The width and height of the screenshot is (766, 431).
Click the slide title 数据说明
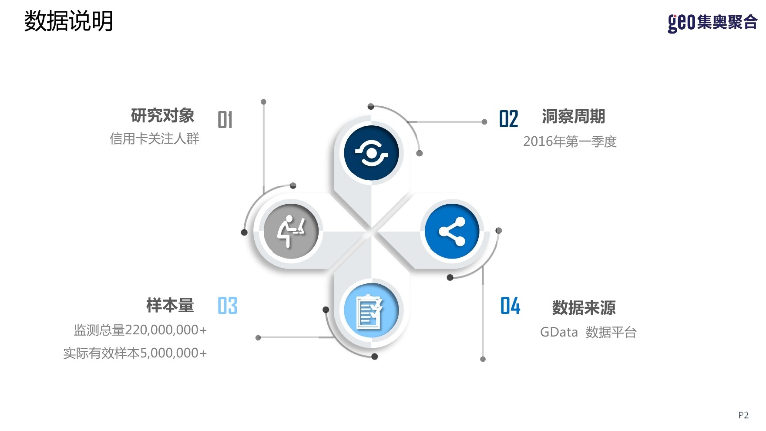point(68,21)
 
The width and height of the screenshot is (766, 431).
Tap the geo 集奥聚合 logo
point(712,22)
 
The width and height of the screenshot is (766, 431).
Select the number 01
point(225,120)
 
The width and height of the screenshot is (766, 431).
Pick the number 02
point(508,119)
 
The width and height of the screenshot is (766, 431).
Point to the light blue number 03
point(227,306)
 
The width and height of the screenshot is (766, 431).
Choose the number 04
point(510,306)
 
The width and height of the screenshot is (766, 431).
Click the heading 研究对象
point(163,116)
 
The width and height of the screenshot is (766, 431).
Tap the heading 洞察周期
point(573,117)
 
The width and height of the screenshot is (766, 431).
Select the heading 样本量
point(170,306)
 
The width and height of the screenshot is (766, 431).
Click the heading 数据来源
point(584,308)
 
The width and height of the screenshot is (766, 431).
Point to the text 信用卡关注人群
point(155,139)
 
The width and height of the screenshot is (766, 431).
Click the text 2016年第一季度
point(570,141)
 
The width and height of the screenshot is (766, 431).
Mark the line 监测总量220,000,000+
point(140,330)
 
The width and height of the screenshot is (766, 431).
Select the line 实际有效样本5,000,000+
point(135,353)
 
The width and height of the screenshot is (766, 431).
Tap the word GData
point(559,333)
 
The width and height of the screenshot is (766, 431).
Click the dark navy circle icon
point(371,153)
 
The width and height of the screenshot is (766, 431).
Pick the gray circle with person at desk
point(291,231)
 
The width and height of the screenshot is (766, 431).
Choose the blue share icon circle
point(452,231)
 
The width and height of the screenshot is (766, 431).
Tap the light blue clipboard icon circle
point(371,311)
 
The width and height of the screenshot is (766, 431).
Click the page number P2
point(743,415)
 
